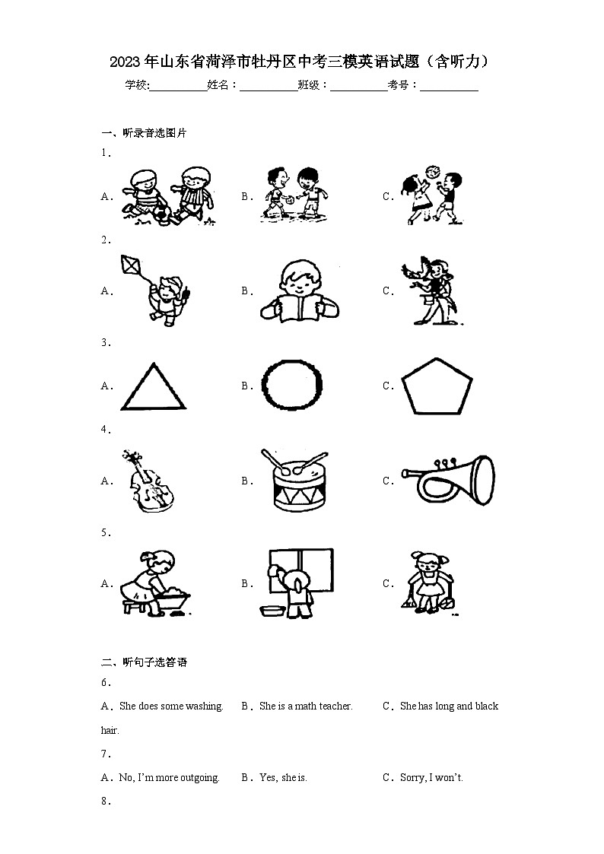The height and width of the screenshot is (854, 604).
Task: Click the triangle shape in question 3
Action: point(153,387)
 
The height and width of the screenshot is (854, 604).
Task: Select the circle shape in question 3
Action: point(292,386)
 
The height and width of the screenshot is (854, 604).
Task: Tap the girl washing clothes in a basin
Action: point(155,584)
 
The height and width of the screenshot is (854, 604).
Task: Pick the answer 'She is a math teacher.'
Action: point(306,706)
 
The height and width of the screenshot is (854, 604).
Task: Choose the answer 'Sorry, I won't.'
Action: point(431,778)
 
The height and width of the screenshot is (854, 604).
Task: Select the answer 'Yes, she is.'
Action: point(283,778)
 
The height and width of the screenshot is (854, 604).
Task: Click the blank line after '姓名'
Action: point(269,87)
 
